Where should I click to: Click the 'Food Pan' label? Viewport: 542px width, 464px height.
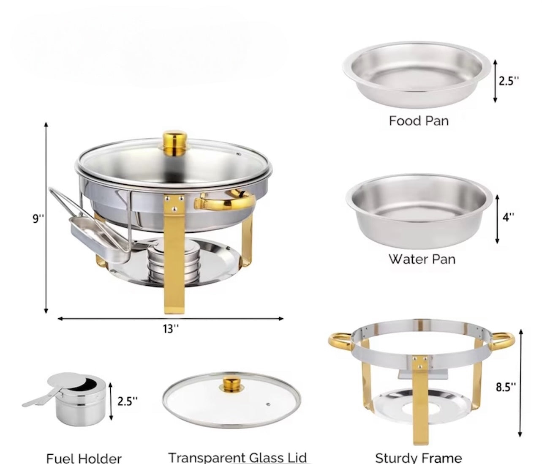point(418,121)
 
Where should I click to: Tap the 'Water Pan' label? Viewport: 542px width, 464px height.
point(422,259)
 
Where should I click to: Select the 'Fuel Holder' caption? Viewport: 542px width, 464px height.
point(84,458)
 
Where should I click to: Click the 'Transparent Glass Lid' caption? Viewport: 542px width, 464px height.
point(237,457)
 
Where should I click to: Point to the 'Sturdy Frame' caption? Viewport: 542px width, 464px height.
point(418,458)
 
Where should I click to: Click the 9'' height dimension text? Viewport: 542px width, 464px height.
point(38,218)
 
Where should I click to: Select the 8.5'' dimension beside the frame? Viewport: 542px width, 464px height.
point(506,387)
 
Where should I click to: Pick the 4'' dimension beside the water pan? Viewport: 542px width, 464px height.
point(509,217)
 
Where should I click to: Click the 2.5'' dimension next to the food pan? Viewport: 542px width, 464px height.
point(508,81)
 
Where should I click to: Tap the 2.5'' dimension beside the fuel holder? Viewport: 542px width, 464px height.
point(127,401)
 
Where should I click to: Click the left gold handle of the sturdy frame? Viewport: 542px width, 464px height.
point(340,341)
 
